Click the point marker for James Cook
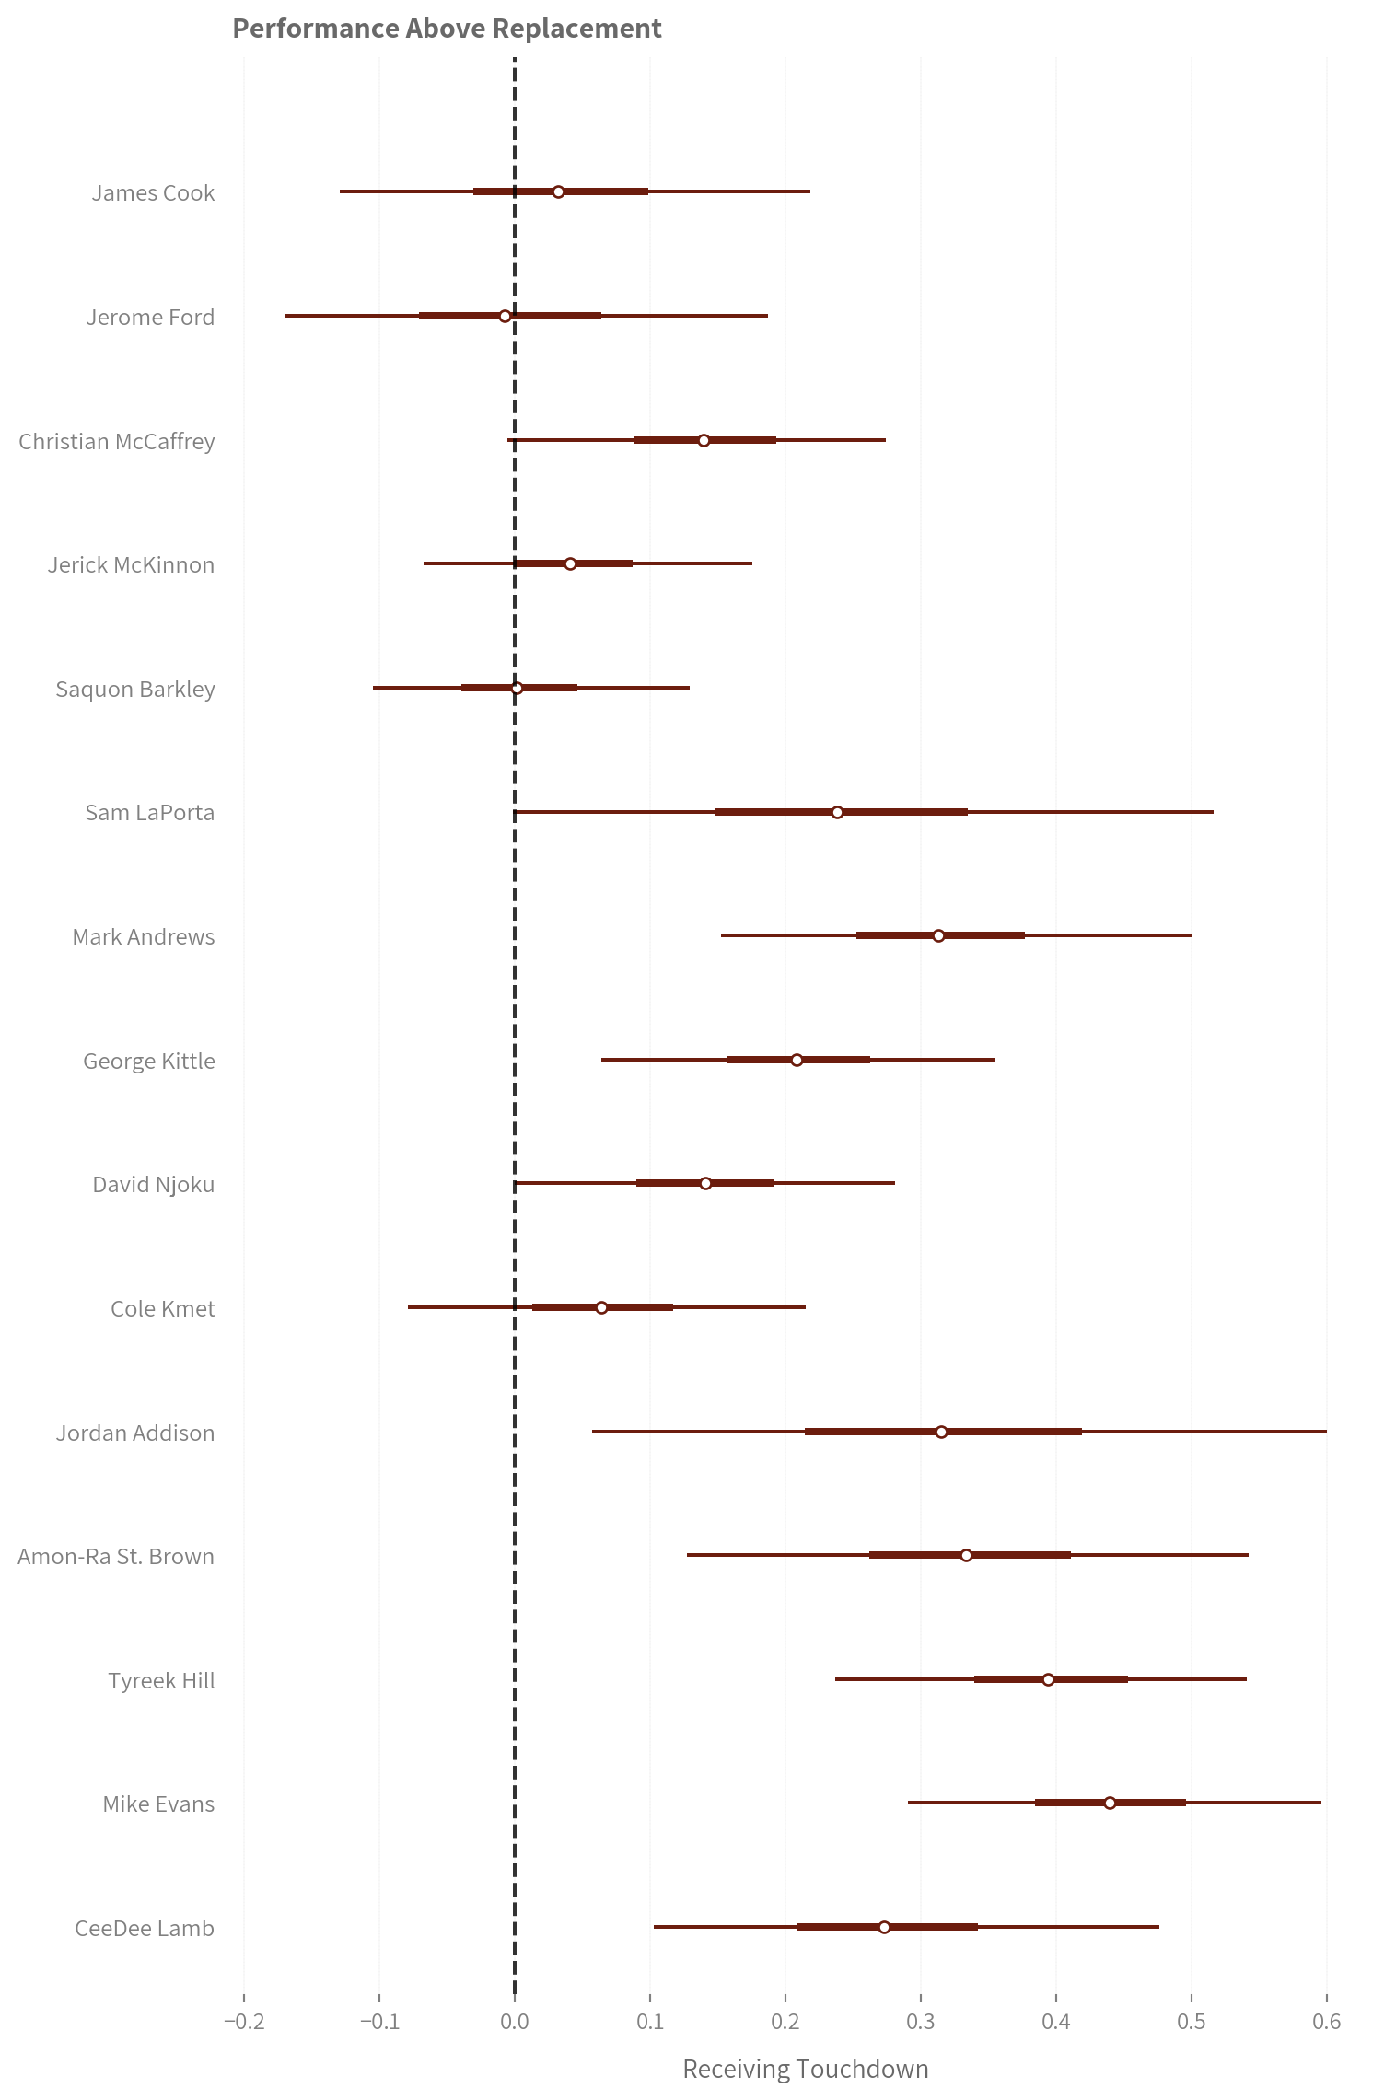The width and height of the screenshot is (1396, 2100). (x=558, y=191)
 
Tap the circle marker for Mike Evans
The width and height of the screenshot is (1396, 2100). (x=1110, y=1803)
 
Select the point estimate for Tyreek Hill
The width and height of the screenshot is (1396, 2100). (x=1048, y=1679)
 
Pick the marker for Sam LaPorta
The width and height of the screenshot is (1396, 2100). (x=837, y=812)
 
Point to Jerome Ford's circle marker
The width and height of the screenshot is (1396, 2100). (x=505, y=316)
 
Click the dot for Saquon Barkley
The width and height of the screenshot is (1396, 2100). (x=517, y=688)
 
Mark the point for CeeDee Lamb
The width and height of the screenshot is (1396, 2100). (x=884, y=1927)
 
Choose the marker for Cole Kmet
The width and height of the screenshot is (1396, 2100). (x=601, y=1307)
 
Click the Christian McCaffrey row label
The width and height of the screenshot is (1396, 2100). (x=117, y=442)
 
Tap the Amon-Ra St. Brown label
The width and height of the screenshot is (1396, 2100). (x=116, y=1557)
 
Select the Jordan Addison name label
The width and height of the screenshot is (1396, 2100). (x=135, y=1433)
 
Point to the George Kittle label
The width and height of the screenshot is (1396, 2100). (x=149, y=1062)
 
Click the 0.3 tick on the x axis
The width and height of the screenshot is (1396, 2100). (x=921, y=2023)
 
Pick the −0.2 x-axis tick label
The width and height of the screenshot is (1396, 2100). (x=244, y=2023)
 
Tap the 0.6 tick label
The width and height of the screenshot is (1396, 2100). (x=1327, y=2023)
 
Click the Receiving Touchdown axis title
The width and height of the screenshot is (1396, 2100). (x=806, y=2070)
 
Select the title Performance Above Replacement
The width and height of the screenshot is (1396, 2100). (x=447, y=29)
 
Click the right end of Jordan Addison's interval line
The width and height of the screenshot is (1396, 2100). (x=1326, y=1432)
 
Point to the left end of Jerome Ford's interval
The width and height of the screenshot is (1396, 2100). (x=285, y=316)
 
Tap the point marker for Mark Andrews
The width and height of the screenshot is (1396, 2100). (x=938, y=935)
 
